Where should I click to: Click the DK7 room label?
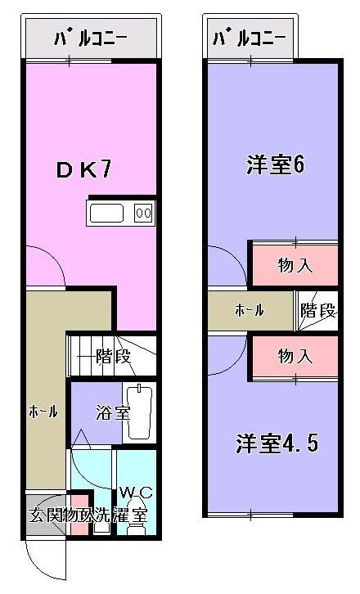click(83, 169)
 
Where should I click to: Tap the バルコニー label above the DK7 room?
click(89, 38)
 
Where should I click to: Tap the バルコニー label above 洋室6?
click(249, 38)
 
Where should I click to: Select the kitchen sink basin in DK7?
click(106, 214)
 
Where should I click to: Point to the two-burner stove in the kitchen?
click(142, 214)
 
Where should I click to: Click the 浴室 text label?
click(111, 412)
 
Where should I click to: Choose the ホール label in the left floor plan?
click(43, 412)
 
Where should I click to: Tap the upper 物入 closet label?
click(295, 266)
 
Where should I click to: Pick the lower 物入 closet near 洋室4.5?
click(295, 356)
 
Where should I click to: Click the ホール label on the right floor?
click(250, 311)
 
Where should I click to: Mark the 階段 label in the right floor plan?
click(317, 311)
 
